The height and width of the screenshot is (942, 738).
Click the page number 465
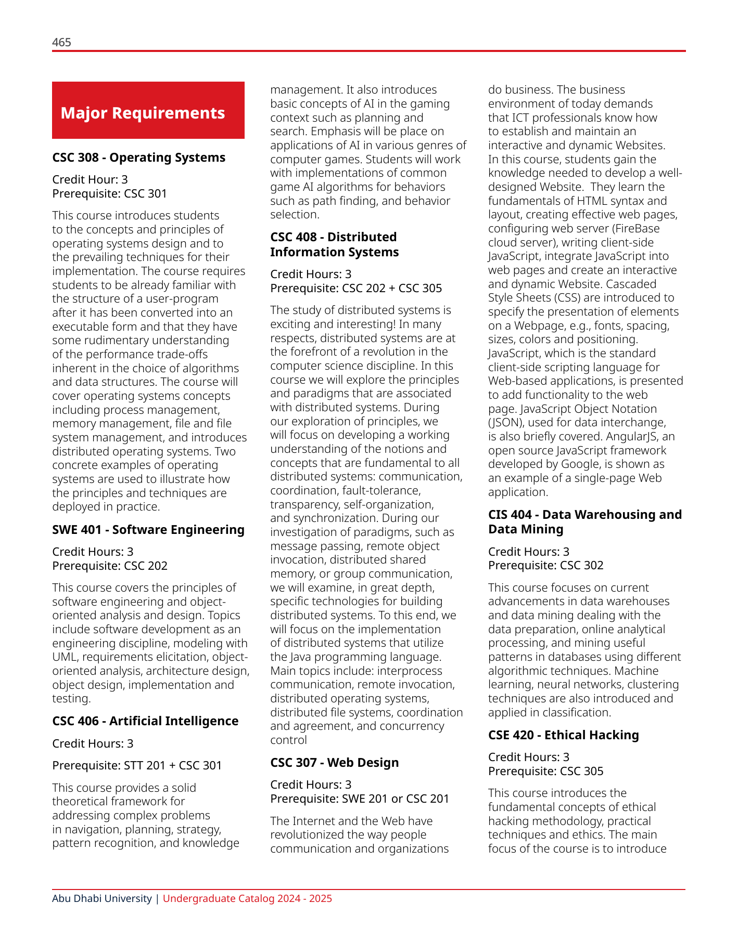click(x=61, y=43)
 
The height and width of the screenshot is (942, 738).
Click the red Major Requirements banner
click(x=148, y=110)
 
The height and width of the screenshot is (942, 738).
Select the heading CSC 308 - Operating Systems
click(x=138, y=158)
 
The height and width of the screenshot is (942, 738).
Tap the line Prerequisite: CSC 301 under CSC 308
click(x=109, y=194)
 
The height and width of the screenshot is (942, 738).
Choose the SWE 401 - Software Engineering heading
click(x=148, y=530)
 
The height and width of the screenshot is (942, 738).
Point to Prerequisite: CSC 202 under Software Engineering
click(x=109, y=566)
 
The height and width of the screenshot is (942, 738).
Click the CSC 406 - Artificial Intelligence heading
click(x=145, y=721)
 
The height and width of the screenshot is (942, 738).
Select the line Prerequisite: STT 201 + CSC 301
click(x=137, y=766)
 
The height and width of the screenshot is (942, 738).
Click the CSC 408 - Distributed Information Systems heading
click(x=334, y=244)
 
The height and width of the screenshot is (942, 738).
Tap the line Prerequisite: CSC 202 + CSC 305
click(x=356, y=289)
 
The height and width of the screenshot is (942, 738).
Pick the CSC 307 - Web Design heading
click(x=334, y=763)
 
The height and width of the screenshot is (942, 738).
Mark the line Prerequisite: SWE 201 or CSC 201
click(x=359, y=799)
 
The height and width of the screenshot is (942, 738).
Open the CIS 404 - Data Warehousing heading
click(x=584, y=522)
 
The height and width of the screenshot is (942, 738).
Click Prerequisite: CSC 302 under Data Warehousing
click(x=545, y=566)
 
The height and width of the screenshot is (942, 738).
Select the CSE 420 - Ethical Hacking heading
click(x=563, y=735)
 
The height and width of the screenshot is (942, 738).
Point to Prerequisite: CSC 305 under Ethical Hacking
click(x=545, y=771)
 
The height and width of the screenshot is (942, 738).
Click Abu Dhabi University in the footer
click(x=101, y=899)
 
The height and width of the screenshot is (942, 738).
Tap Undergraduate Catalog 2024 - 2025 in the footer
click(x=247, y=899)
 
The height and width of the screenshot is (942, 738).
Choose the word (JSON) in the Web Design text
click(x=503, y=423)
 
